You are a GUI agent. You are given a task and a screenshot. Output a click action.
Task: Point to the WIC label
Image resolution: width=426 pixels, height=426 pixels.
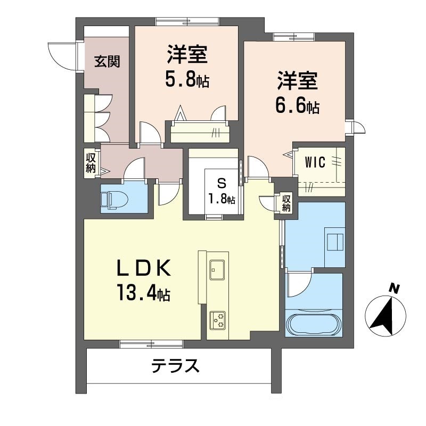tap(315, 163)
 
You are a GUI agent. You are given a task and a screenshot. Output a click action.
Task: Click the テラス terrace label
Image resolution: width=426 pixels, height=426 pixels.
tap(176, 366)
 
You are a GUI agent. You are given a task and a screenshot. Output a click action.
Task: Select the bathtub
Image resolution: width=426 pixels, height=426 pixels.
tap(314, 324)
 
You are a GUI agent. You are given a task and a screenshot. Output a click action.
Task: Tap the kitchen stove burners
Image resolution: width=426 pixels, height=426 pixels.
tap(217, 318)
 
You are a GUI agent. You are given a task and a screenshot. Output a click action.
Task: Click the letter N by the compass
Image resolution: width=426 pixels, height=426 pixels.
tap(394, 289)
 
